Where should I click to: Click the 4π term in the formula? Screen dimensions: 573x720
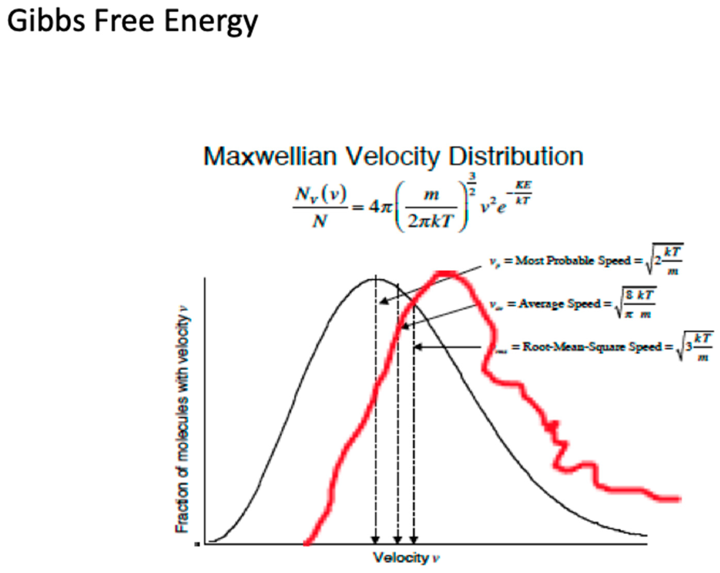[380, 207]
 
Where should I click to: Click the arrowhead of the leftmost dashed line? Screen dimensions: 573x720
[376, 540]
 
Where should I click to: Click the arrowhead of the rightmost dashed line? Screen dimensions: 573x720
[414, 540]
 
